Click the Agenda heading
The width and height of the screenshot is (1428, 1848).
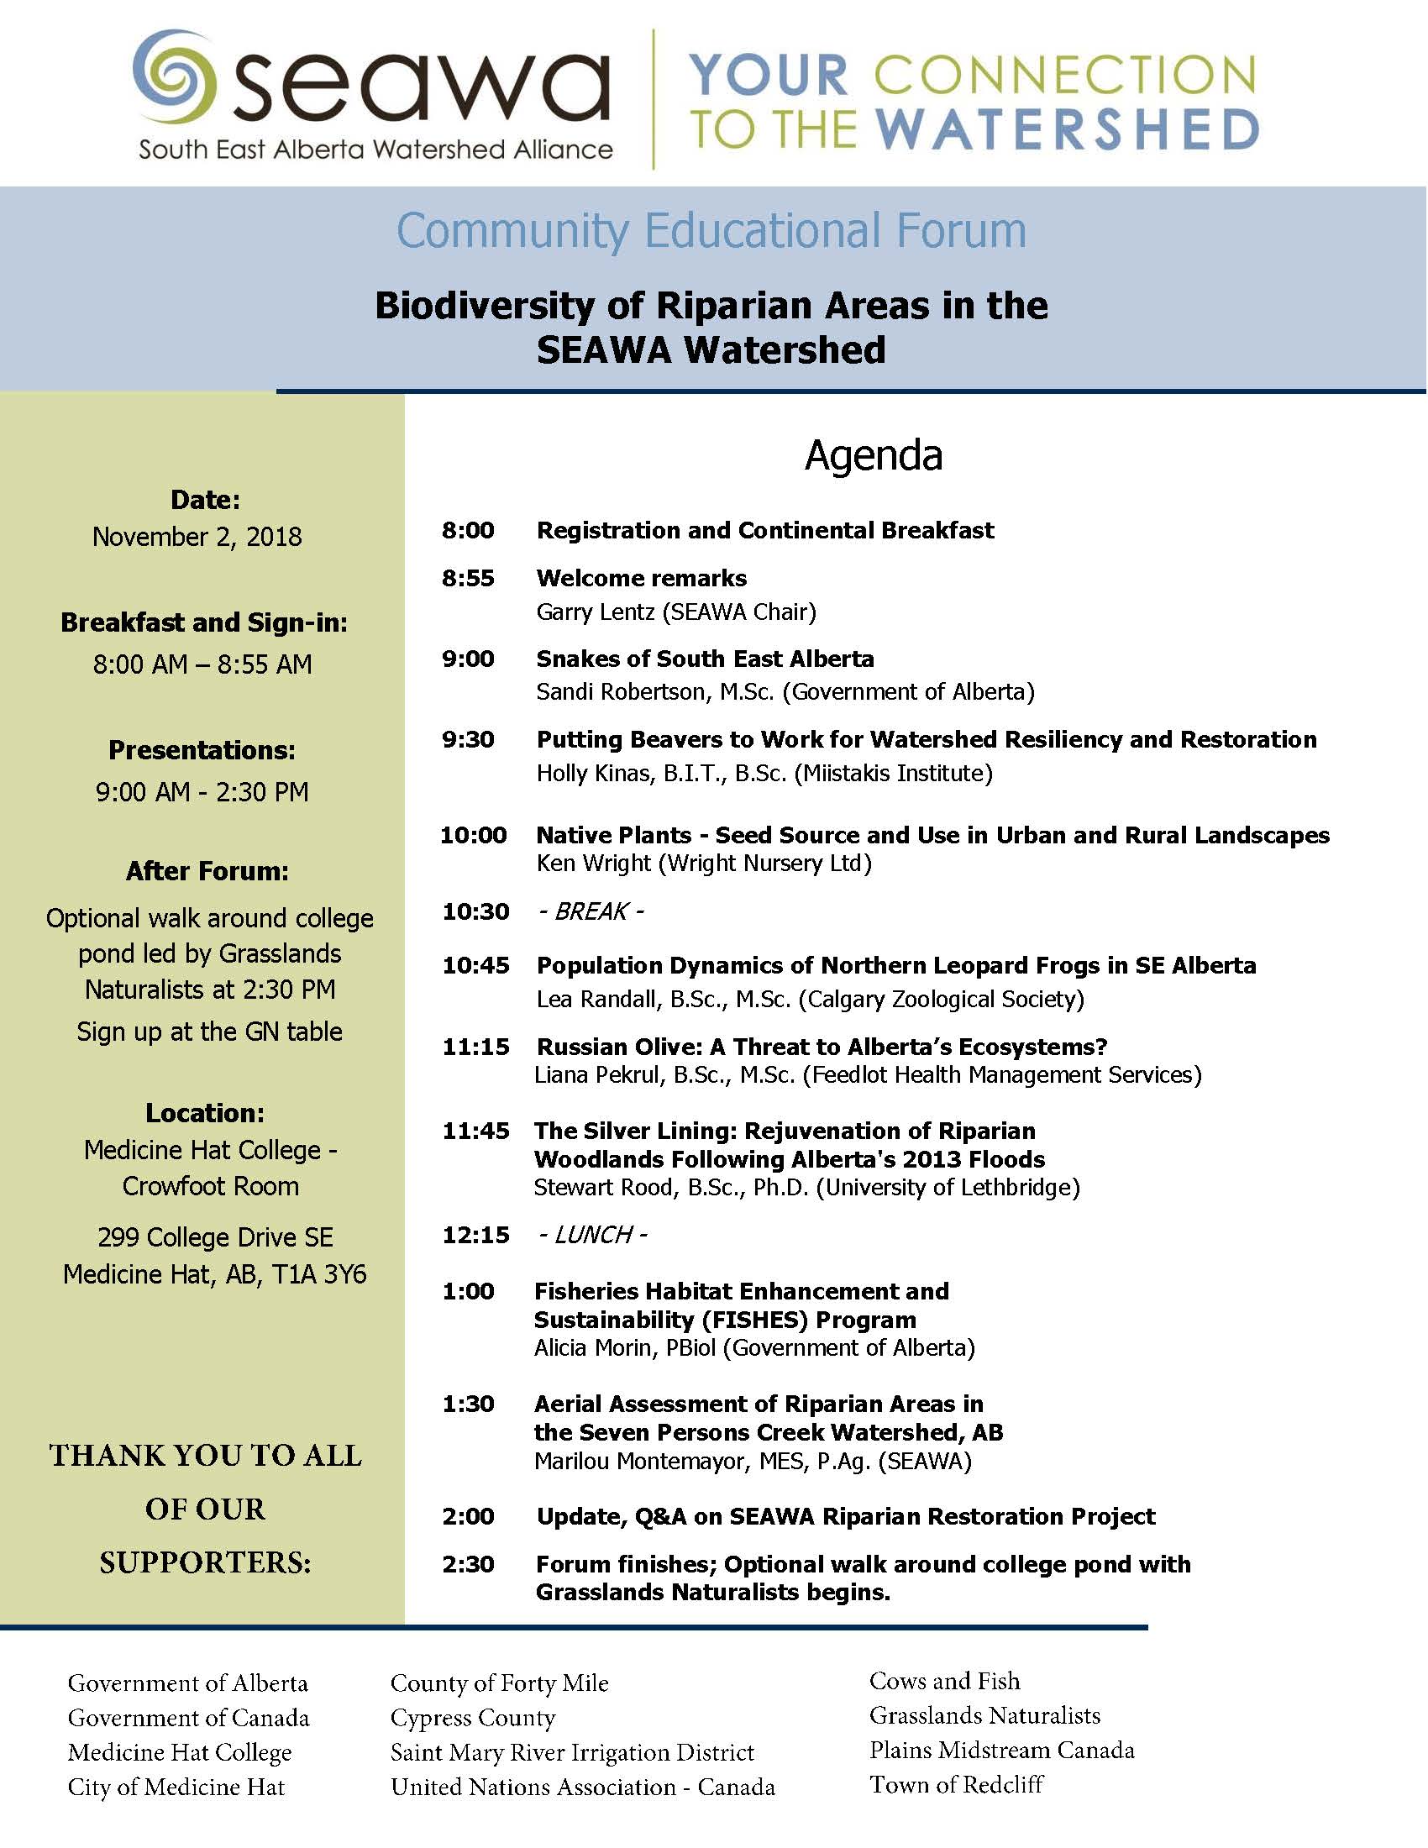873,456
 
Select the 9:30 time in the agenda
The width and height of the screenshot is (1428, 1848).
468,739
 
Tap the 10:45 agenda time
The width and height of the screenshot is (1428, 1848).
475,965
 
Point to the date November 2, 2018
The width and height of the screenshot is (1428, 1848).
197,538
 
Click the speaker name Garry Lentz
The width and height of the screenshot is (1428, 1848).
596,612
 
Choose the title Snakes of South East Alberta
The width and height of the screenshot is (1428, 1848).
705,659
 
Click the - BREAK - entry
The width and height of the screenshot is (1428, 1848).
591,911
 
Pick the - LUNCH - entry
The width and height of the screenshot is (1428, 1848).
592,1235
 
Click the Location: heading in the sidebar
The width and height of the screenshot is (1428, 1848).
205,1113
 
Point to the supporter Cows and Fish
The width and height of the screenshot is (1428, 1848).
944,1682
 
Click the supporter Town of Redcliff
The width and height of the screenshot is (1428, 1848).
956,1784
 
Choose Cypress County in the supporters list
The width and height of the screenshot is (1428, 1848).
473,1718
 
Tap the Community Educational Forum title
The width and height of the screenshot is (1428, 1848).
711,230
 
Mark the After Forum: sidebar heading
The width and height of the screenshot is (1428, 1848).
207,872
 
